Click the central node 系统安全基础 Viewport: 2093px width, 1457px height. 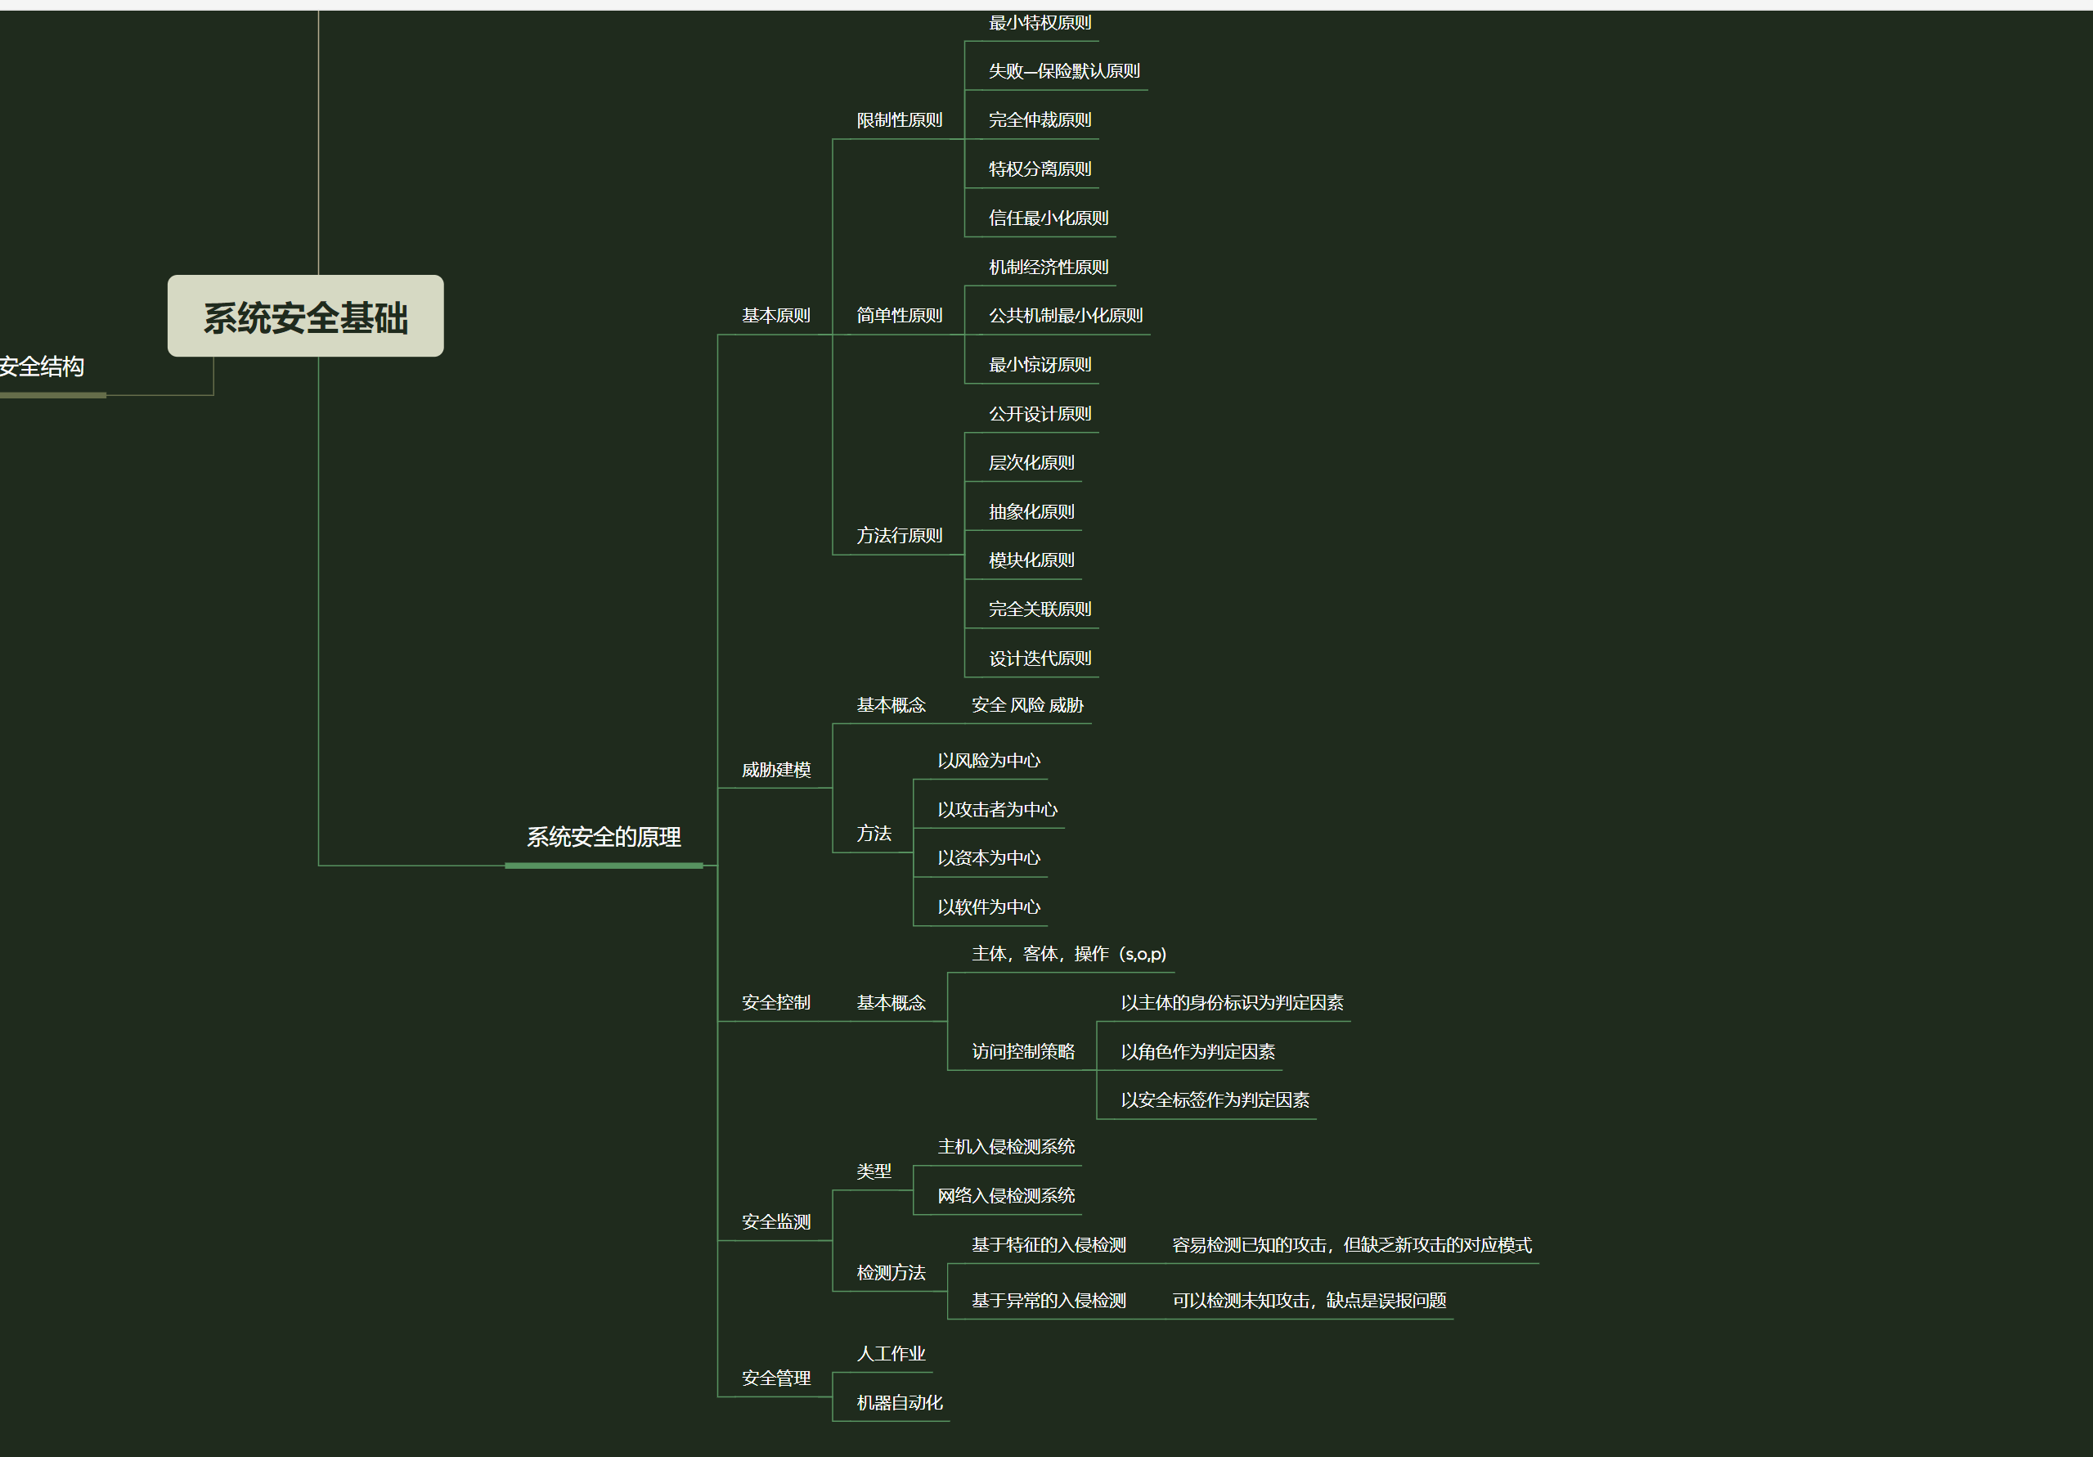[x=305, y=317]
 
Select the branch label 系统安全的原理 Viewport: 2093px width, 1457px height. [x=604, y=837]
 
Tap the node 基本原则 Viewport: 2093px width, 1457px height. [x=775, y=316]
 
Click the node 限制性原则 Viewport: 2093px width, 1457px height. [x=899, y=120]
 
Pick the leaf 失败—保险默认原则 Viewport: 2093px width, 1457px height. [x=1064, y=71]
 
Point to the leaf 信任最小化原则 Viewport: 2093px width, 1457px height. [x=1049, y=218]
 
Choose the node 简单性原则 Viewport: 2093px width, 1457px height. [x=899, y=316]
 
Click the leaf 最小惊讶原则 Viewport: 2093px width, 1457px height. [x=1040, y=365]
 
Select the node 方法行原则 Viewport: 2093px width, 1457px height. [x=899, y=535]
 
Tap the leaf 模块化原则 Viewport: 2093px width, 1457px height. [x=1031, y=560]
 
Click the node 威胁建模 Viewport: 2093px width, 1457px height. [x=775, y=770]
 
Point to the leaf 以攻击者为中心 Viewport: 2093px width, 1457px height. [x=997, y=810]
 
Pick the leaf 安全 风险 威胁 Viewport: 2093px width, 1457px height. [x=1027, y=705]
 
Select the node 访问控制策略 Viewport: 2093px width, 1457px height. [x=1023, y=1051]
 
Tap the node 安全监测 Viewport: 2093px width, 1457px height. [x=775, y=1221]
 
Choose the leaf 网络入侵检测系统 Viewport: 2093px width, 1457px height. [x=1005, y=1195]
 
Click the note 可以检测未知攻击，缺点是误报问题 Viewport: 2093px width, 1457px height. [x=1309, y=1300]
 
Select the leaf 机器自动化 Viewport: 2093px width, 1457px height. [x=899, y=1402]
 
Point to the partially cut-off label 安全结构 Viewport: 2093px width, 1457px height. [x=42, y=366]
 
